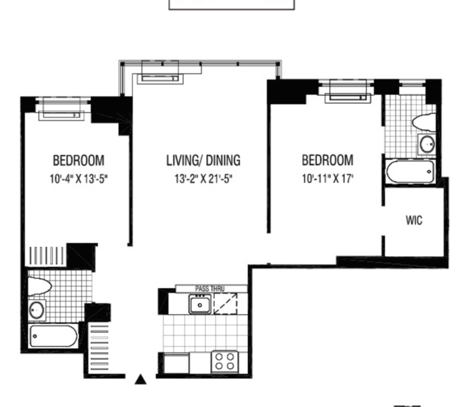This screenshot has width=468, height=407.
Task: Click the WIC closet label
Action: coord(414,220)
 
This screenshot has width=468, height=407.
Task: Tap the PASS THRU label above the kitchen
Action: coord(209,288)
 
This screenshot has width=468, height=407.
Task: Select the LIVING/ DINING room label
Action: coord(203,160)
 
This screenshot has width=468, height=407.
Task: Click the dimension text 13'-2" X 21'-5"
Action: coord(203,179)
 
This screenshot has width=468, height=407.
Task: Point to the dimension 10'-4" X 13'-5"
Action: coord(79,179)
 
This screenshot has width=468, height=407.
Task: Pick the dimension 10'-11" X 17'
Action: coord(328,179)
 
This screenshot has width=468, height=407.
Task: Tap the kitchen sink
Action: coord(200,304)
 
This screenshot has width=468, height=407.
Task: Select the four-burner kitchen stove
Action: coord(225,361)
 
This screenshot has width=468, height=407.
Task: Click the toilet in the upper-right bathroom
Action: coord(424,122)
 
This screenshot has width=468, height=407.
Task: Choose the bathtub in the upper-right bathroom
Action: coord(410,172)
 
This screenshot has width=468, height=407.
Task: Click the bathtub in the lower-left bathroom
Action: coord(54,336)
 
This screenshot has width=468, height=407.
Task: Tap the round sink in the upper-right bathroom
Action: coord(427,144)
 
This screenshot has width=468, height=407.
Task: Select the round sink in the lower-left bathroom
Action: coord(37,311)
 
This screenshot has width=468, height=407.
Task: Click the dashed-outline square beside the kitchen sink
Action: coord(226,304)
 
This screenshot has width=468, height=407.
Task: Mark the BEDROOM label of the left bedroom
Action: coord(79,160)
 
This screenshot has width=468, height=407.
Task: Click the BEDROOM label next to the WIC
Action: coord(328,160)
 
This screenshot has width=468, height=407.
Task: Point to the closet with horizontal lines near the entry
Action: coord(100,348)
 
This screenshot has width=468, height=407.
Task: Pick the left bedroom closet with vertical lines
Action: coord(47,256)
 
